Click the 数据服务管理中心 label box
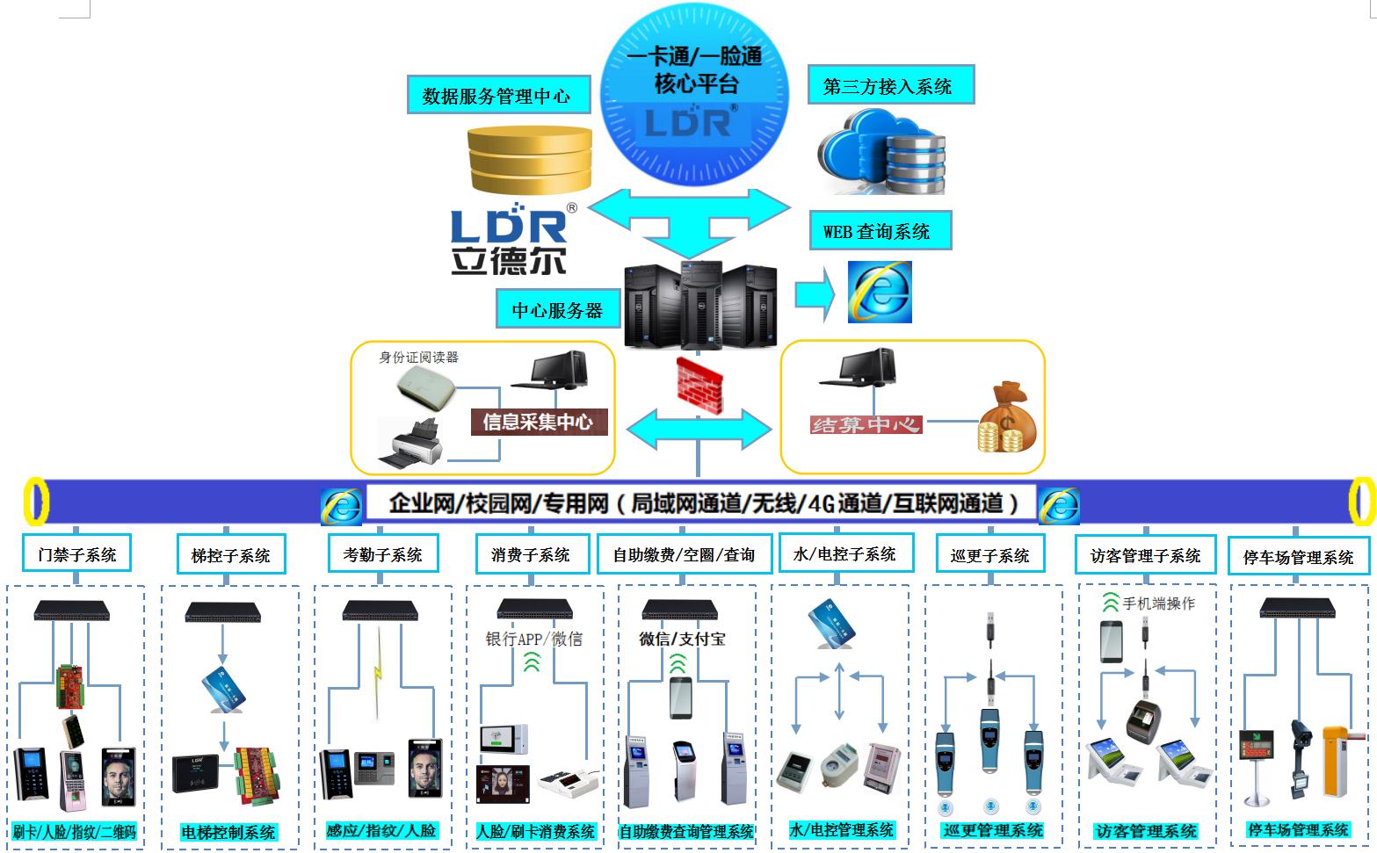pos(497,95)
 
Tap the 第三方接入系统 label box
pos(889,86)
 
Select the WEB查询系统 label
pos(878,231)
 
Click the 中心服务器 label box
pos(558,310)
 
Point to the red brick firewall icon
pos(699,384)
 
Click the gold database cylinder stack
pos(530,160)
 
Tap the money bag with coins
pos(1007,419)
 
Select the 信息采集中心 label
pos(538,422)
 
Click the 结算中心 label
pos(865,425)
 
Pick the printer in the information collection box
pos(410,442)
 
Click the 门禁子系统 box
pos(77,554)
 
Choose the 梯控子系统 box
pos(231,555)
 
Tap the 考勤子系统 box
pos(382,554)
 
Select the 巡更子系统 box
pos(989,555)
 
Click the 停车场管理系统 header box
pos(1298,557)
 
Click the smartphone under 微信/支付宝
pos(680,698)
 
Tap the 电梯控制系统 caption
pos(228,831)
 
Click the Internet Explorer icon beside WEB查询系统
pos(880,292)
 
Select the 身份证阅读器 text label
pos(418,358)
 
